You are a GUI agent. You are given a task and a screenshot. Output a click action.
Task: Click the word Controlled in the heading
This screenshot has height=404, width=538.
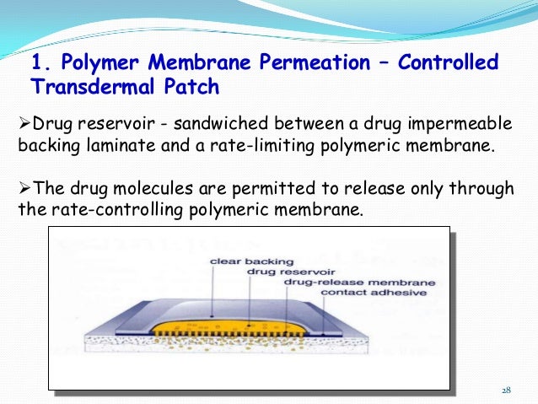click(x=444, y=63)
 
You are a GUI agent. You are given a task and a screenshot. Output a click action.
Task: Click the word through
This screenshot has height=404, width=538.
click(x=476, y=186)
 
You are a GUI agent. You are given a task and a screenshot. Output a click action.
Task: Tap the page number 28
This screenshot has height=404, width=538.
click(x=506, y=390)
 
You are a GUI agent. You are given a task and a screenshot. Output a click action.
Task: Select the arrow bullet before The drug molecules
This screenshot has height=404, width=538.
click(x=24, y=186)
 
